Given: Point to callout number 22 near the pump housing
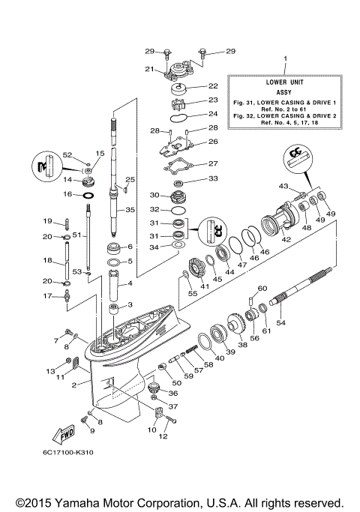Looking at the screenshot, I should (212, 86).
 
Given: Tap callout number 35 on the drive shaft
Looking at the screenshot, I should (130, 210).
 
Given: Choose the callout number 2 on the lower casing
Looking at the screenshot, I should (75, 385).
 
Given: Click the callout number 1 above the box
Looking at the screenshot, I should (285, 58).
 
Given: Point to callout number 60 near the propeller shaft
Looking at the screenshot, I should (262, 288).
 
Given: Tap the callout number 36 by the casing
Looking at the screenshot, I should (173, 393).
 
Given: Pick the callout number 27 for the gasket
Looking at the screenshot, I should (213, 163).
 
